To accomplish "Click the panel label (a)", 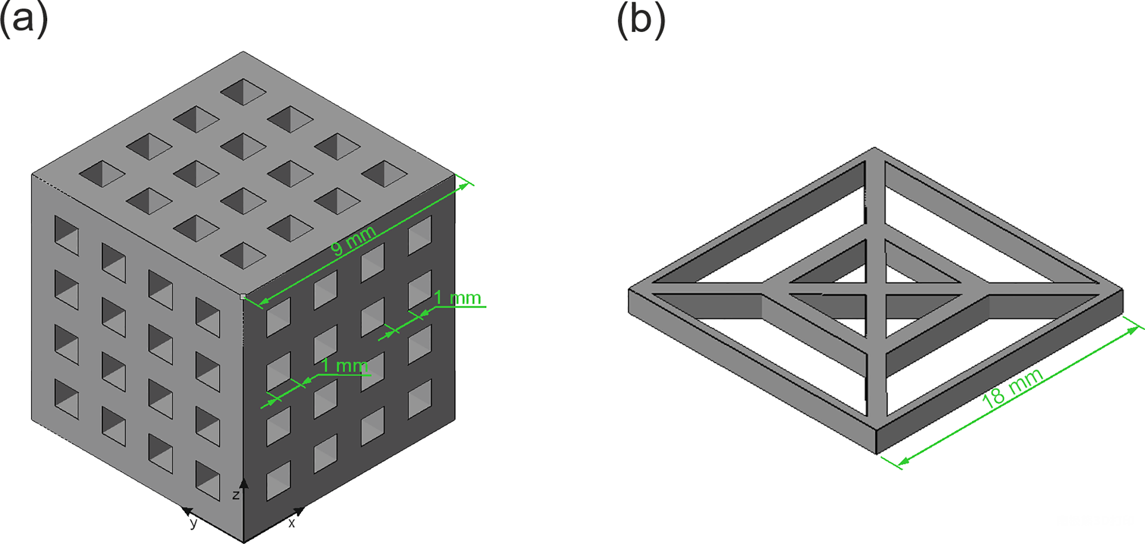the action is tap(24, 21).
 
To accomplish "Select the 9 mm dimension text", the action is tap(353, 241).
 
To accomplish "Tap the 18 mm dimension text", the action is tap(1012, 388).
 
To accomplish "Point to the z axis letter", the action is tap(236, 495).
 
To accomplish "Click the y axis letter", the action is tap(193, 523).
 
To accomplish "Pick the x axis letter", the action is tap(291, 523).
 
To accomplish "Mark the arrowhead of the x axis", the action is tap(299, 511).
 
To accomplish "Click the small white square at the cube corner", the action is tap(243, 297).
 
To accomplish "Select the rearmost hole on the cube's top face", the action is tap(243, 92).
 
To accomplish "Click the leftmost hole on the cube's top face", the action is tap(102, 173).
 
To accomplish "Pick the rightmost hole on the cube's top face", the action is tap(385, 173).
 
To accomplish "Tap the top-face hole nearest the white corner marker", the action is tap(243, 255).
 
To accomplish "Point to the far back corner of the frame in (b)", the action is tap(875, 148).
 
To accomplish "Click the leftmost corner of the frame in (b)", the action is tap(629, 289).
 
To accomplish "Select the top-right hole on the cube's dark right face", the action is tap(420, 235).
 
